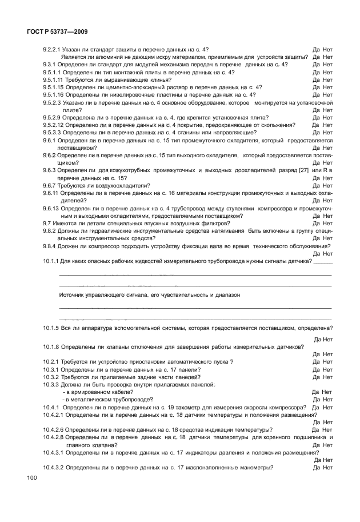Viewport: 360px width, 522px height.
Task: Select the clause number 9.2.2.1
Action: pyautogui.click(x=52, y=50)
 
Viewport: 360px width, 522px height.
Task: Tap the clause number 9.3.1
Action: pyautogui.click(x=49, y=65)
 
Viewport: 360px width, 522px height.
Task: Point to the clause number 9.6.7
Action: pyautogui.click(x=49, y=185)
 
